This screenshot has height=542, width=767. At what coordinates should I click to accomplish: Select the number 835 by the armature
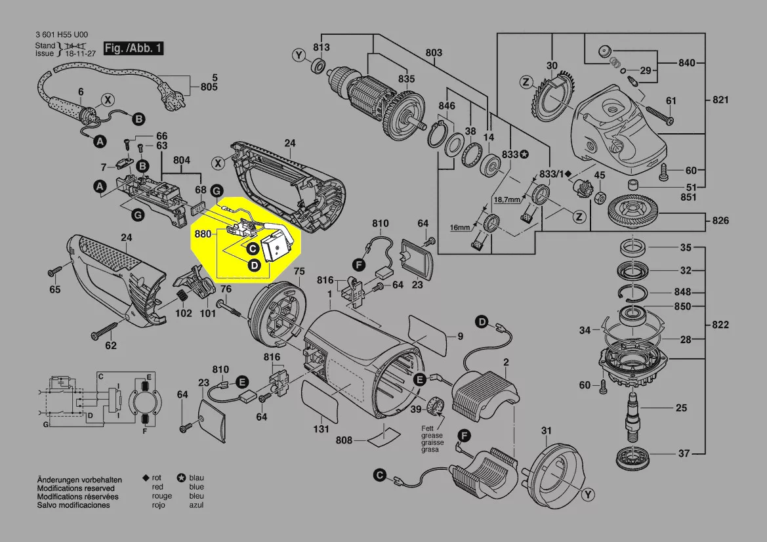(406, 79)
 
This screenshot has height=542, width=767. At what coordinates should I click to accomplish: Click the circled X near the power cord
(107, 100)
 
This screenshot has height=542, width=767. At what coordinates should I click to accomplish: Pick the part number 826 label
(720, 220)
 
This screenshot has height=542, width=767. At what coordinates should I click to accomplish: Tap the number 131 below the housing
(321, 430)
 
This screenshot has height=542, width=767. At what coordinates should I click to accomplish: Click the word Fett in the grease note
(428, 428)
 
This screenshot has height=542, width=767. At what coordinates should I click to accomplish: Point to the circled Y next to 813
(300, 56)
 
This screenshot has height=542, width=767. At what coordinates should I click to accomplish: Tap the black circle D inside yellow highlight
(253, 264)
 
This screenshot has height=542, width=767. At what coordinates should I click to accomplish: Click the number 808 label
(345, 439)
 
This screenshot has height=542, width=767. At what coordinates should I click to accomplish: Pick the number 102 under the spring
(184, 314)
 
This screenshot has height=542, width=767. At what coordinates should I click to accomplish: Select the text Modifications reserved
(75, 488)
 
